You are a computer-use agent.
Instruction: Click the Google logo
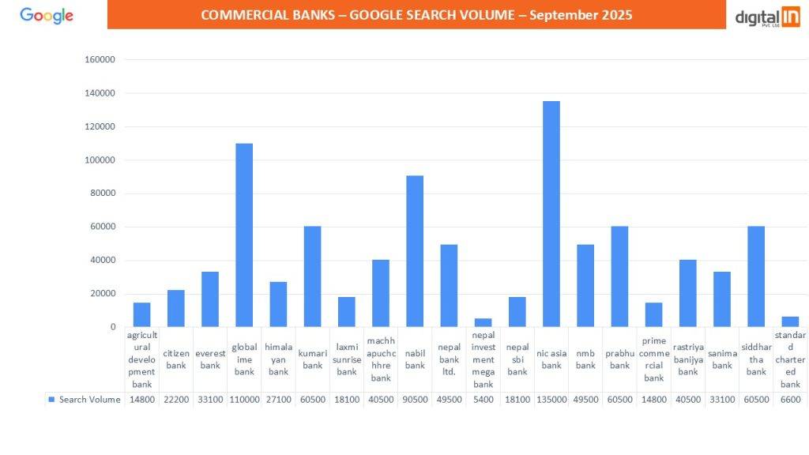tap(47, 15)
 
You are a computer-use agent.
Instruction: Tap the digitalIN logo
tap(767, 17)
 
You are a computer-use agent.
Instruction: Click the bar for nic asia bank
tap(551, 214)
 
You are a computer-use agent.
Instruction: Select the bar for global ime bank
tap(244, 235)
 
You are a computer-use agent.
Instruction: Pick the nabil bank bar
tap(415, 251)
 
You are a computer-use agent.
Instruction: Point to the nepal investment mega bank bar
tap(483, 322)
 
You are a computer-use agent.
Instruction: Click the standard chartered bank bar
tap(790, 322)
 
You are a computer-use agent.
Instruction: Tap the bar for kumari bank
tap(313, 276)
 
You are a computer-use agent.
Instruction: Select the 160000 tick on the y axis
tap(100, 60)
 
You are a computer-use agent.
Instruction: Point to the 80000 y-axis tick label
tap(103, 194)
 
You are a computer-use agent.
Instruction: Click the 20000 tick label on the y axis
tap(103, 294)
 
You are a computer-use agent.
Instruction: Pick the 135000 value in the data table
tap(551, 400)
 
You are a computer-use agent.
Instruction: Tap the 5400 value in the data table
tap(483, 400)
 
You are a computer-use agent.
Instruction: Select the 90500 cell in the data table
tap(415, 400)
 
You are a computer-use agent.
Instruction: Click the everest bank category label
tap(210, 359)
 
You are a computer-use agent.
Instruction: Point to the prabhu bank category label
tap(619, 359)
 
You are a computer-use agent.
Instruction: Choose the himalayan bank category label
tap(278, 359)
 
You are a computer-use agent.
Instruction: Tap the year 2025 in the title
tap(615, 15)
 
